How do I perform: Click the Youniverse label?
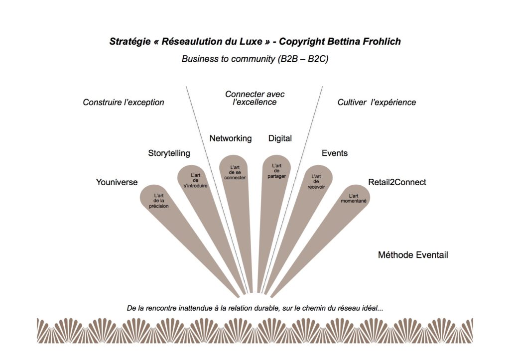pos(117,182)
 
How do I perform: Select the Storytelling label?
pos(169,153)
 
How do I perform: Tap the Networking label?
pos(230,138)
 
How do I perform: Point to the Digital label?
pos(280,138)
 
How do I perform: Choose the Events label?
pos(334,153)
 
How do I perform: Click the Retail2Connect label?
pos(397,182)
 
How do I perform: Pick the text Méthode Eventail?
pos(413,255)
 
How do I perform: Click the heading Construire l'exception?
pos(124,103)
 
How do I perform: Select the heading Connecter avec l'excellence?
pos(255,98)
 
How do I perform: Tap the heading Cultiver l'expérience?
pos(377,103)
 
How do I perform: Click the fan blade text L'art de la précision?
pos(159,201)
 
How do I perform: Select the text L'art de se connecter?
pos(235,173)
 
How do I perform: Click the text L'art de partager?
pos(276,170)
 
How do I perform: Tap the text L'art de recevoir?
pos(316,181)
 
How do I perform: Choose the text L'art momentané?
pos(354,198)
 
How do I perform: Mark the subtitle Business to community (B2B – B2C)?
pos(255,59)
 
